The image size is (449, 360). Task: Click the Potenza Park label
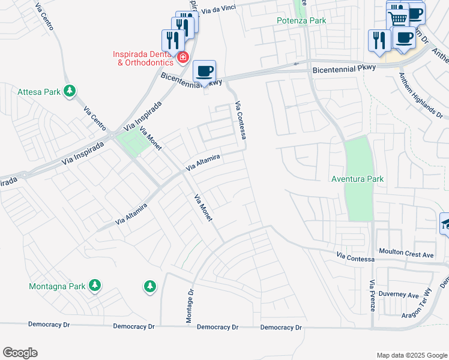tap(301, 20)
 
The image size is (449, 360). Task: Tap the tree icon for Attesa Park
tap(70, 91)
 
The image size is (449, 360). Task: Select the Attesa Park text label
tap(39, 92)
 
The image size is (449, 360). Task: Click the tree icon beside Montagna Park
tap(95, 286)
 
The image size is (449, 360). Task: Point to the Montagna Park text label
tap(57, 286)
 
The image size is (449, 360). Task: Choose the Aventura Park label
tap(357, 179)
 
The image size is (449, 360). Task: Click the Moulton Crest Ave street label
tap(406, 255)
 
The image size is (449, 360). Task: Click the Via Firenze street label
tap(372, 295)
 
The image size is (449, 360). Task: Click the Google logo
tap(20, 352)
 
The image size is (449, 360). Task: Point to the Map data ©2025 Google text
tap(411, 355)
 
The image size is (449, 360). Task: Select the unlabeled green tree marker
tap(149, 287)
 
